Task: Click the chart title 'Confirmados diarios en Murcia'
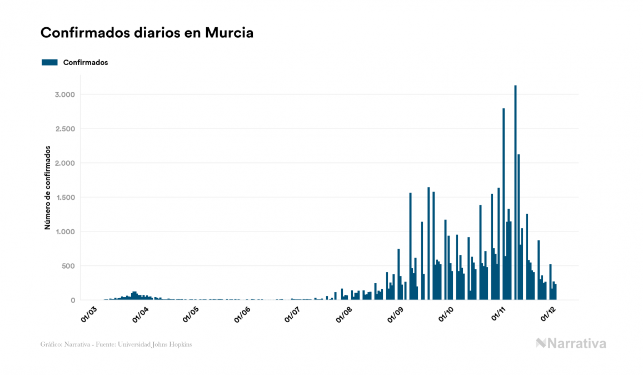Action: click(x=147, y=33)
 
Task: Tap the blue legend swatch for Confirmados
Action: click(x=49, y=62)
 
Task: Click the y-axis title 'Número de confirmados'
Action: click(x=48, y=188)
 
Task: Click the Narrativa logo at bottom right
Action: click(x=571, y=343)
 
